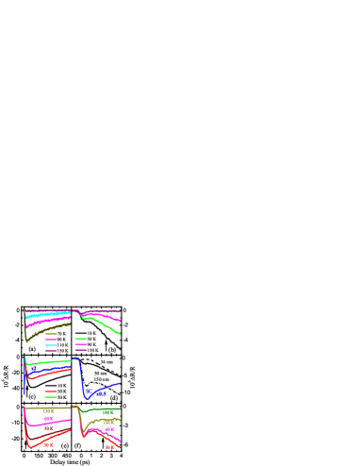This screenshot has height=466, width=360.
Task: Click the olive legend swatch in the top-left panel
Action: click(51, 334)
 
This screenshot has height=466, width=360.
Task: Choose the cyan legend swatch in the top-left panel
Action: click(51, 345)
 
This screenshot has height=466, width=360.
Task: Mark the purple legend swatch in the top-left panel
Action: click(51, 351)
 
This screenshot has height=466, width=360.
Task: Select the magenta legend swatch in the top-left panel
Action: click(51, 340)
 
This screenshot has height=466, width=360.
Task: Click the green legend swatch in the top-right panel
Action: click(81, 339)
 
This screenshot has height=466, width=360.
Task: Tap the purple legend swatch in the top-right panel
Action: click(81, 350)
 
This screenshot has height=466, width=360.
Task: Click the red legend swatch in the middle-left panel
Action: click(51, 391)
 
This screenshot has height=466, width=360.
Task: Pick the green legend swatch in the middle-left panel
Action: click(51, 397)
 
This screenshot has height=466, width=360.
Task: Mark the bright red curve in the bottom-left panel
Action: click(47, 442)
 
